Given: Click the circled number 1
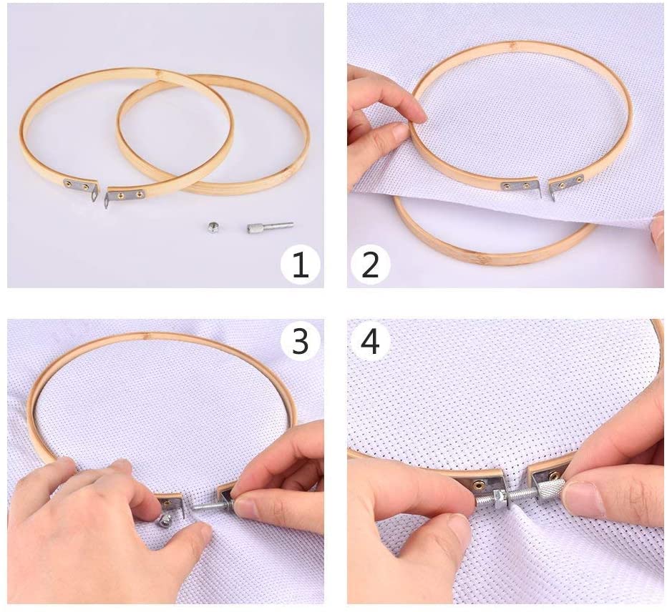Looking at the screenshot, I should point(300,265).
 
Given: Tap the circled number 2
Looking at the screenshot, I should point(370,265).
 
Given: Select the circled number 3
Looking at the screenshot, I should point(300,341).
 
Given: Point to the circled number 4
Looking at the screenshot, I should point(370,341).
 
